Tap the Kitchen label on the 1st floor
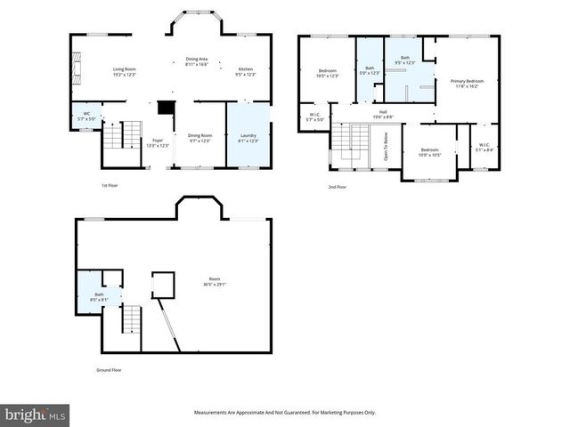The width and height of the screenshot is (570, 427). (x=245, y=71)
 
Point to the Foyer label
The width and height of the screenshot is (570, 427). (x=158, y=142)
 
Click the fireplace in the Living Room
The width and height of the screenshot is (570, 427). (x=76, y=68)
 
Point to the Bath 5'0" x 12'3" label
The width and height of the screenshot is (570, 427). (x=370, y=70)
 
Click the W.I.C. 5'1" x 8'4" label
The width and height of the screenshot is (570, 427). (x=484, y=148)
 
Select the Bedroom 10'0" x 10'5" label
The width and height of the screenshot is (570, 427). (x=429, y=152)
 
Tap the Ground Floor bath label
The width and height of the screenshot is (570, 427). (x=99, y=297)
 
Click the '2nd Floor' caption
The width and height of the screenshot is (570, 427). (x=338, y=188)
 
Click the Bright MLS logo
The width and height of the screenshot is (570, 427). (x=35, y=414)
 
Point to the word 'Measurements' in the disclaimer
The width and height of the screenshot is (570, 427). (x=217, y=413)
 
